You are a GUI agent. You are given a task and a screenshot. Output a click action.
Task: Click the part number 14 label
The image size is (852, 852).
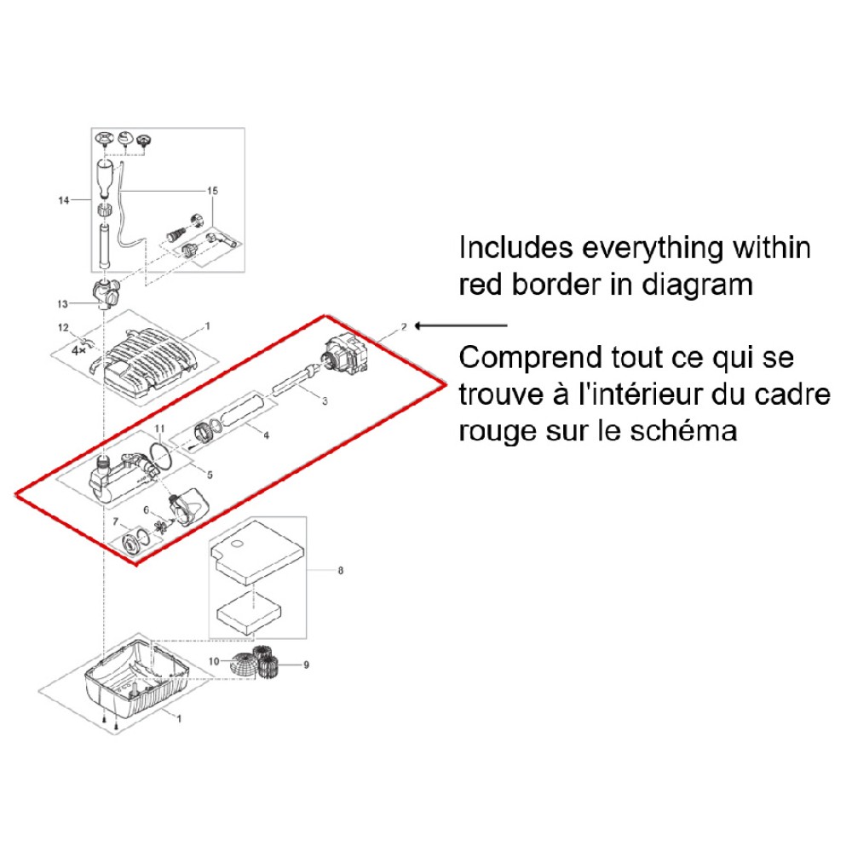[x=64, y=200]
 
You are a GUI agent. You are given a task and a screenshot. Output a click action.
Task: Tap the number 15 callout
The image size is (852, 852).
[x=212, y=191]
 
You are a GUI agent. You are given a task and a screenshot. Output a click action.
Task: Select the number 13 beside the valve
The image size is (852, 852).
[x=62, y=304]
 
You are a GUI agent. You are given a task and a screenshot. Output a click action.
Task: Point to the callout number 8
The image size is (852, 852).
[x=341, y=571]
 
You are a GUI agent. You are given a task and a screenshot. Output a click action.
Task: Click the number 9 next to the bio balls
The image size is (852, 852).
[x=307, y=665]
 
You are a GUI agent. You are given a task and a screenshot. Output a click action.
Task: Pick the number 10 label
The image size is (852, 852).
[x=214, y=661]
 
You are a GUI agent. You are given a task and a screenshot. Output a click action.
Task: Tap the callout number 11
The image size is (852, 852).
[x=159, y=429]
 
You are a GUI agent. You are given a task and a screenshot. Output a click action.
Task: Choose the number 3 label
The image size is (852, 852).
[x=325, y=401]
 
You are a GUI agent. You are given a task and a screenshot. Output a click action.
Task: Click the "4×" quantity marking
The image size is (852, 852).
[x=78, y=350]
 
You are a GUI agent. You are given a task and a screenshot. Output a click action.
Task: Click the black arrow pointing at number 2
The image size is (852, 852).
[x=461, y=326]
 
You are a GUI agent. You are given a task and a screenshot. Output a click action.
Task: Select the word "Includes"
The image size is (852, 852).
[x=515, y=248]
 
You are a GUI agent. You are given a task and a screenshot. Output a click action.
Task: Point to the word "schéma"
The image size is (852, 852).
[x=683, y=431]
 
